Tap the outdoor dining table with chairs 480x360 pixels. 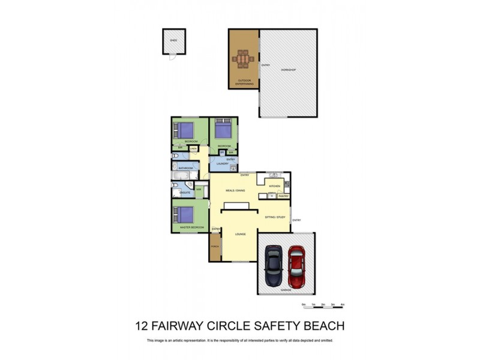coord(244,60)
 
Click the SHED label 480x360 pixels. coord(173,41)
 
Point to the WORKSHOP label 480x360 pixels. coord(289,70)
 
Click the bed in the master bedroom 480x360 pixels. coord(185,214)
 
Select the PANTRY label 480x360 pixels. coord(284,196)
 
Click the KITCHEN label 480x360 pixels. coord(275,187)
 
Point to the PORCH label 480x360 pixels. coord(214,247)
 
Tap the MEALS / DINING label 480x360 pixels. coord(235,190)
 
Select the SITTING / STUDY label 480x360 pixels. coord(274,217)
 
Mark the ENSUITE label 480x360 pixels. coord(185,193)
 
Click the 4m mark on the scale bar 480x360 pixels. coord(343,305)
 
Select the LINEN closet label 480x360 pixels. coord(193,148)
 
